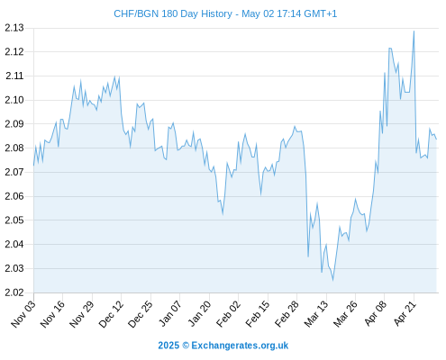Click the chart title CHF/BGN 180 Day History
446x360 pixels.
tap(173, 13)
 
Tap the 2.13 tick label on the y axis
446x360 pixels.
tap(14, 28)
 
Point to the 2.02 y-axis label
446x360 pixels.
tap(14, 292)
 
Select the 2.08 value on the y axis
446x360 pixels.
tap(14, 148)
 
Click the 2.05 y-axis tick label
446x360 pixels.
tap(14, 220)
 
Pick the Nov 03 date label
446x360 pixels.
tap(23, 313)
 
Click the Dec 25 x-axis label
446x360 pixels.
tap(141, 313)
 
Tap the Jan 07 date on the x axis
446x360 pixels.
tap(170, 313)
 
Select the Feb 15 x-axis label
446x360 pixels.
tap(258, 313)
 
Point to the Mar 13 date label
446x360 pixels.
tap(316, 313)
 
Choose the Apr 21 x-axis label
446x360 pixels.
tap(405, 313)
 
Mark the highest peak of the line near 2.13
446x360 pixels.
tap(414, 31)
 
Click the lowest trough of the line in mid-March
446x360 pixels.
tap(332, 281)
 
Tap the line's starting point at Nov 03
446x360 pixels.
tap(33, 166)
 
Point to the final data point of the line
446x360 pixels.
tap(436, 139)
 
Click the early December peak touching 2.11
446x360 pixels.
tap(114, 76)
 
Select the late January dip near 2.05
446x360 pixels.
tap(223, 214)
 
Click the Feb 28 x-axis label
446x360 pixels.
tap(287, 313)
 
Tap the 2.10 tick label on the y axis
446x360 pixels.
tap(14, 100)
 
